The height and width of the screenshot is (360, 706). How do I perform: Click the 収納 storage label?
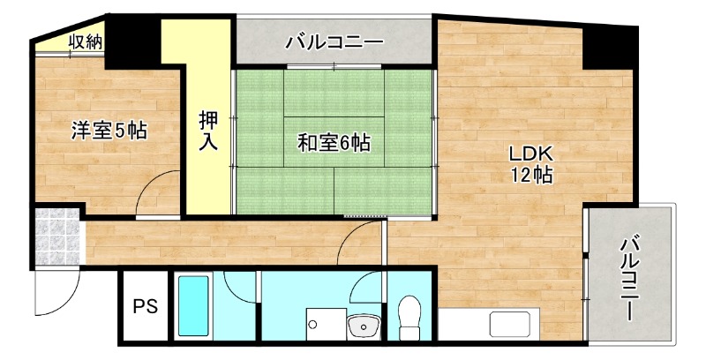pyautogui.click(x=84, y=41)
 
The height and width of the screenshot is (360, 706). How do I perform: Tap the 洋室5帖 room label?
pyautogui.click(x=109, y=131)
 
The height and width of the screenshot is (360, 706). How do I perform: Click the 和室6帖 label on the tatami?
pyautogui.click(x=333, y=141)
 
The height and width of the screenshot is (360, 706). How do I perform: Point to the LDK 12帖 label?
pyautogui.click(x=530, y=164)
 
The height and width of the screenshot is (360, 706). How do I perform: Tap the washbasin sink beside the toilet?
pyautogui.click(x=363, y=328)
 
